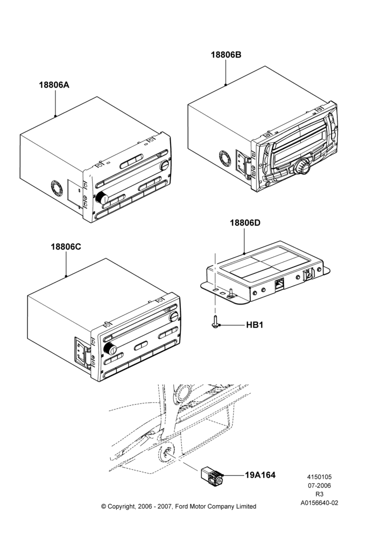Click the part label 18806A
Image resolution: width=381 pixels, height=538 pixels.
(54, 85)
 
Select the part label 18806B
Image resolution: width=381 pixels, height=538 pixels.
(226, 54)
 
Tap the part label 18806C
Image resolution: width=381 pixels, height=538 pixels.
(66, 247)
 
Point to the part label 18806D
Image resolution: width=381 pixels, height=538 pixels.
(245, 223)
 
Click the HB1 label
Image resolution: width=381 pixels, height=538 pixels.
(255, 324)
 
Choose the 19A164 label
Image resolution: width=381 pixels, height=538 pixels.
(260, 475)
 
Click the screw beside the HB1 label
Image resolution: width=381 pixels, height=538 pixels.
(215, 322)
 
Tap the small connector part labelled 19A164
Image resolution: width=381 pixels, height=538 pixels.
(211, 476)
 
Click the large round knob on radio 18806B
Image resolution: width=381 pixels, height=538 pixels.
(302, 167)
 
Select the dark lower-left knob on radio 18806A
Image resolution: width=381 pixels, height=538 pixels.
(102, 198)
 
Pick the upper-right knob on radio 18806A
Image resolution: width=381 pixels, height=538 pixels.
(165, 165)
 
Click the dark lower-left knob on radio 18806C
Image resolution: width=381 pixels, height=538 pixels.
(110, 349)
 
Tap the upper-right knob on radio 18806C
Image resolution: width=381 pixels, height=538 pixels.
(174, 316)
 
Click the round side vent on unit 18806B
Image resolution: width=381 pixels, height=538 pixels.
(226, 158)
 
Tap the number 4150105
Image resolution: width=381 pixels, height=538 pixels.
(319, 477)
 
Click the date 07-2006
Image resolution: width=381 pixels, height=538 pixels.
(319, 485)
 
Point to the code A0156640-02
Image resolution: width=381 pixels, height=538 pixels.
(319, 503)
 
